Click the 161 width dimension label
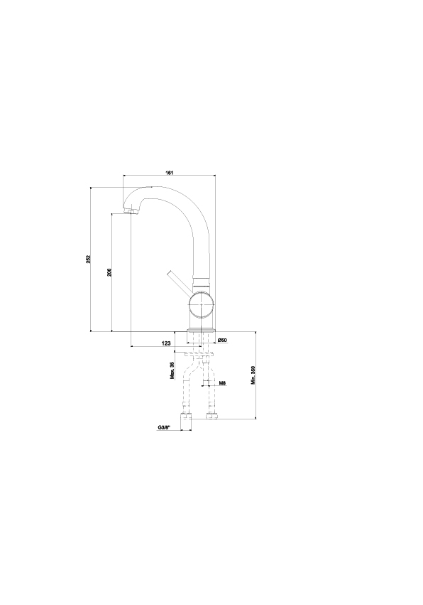169,173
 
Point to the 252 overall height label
88,259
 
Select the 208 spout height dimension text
109,272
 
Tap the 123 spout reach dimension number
166,343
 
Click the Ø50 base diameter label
222,340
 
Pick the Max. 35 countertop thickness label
172,370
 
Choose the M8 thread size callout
222,383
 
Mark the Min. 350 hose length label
253,375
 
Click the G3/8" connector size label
164,427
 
